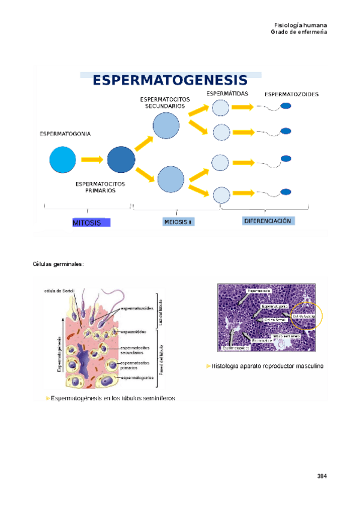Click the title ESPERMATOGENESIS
170,80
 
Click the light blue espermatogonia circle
63,160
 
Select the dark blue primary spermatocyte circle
121,160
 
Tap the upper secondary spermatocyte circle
166,126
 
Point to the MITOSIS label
90,223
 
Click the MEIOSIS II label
177,222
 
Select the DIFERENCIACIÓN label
267,221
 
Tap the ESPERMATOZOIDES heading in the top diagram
291,94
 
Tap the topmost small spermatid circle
221,107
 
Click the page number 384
322,477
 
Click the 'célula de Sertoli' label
59,291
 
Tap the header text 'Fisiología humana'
300,25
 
